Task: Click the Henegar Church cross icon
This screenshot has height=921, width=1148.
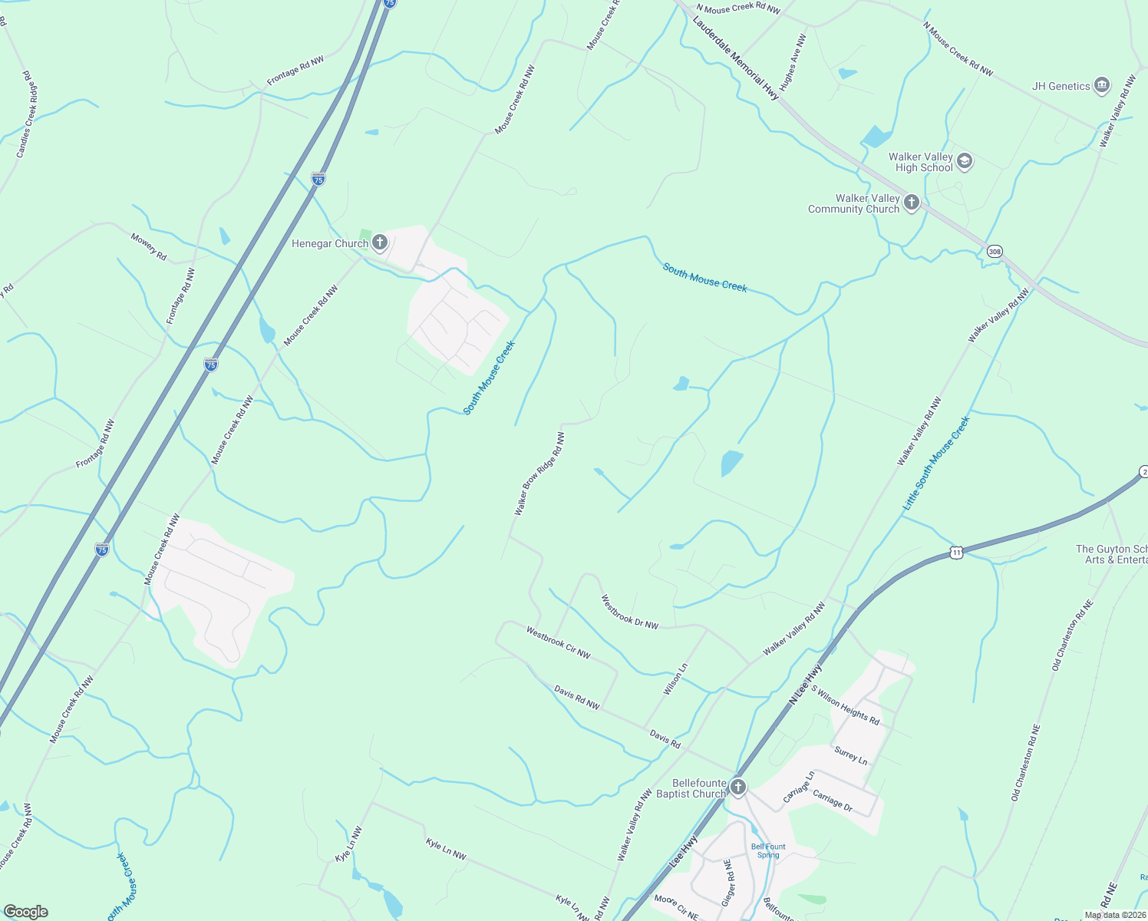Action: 379,243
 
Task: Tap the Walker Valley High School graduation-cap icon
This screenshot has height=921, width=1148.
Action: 965,161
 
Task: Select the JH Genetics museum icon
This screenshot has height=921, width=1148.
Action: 1102,85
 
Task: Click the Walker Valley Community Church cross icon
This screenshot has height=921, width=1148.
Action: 911,203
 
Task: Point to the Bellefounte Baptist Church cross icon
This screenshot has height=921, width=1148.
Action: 737,787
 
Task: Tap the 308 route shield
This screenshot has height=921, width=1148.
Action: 995,251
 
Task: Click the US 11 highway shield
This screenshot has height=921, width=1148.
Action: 955,552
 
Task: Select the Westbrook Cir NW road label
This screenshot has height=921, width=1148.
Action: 558,642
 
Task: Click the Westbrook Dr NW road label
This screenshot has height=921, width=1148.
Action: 629,612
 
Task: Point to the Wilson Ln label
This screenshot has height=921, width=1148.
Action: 675,679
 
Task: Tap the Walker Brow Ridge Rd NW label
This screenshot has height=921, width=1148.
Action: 539,474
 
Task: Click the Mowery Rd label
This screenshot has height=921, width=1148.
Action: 148,246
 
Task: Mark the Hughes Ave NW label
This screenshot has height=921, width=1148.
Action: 793,61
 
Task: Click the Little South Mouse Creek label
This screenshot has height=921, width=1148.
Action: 936,464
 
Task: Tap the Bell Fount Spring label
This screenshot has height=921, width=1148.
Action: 767,850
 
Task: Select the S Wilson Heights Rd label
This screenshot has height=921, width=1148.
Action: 845,705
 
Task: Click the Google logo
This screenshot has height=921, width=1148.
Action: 26,912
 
